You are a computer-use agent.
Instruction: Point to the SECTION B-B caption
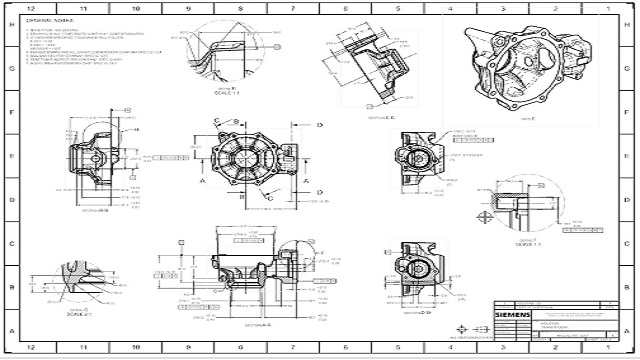point(95,211)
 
